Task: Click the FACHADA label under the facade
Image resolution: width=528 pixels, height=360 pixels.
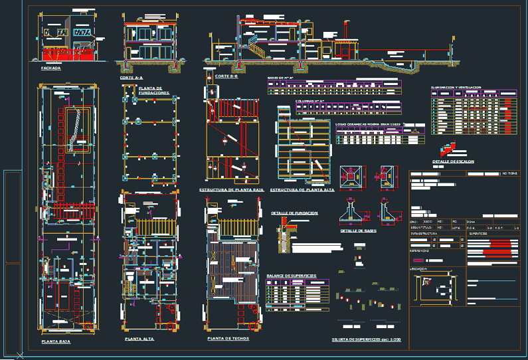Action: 50,68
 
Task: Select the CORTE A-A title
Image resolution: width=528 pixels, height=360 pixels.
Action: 132,78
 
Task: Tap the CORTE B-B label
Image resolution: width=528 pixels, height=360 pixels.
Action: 226,76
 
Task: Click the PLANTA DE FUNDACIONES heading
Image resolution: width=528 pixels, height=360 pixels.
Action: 153,90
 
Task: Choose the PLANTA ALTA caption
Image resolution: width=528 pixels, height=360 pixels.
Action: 139,339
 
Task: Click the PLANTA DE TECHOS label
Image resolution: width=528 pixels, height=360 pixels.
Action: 228,339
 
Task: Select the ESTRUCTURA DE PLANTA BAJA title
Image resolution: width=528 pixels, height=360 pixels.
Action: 232,190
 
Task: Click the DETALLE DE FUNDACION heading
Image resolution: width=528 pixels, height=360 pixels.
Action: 294,213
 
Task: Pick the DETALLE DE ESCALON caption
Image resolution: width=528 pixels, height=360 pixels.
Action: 453,161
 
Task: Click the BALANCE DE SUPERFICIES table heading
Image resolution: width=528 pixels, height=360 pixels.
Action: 291,275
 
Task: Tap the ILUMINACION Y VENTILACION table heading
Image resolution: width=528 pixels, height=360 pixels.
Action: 456,88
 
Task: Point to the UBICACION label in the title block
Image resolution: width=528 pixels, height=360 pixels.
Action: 419,268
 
